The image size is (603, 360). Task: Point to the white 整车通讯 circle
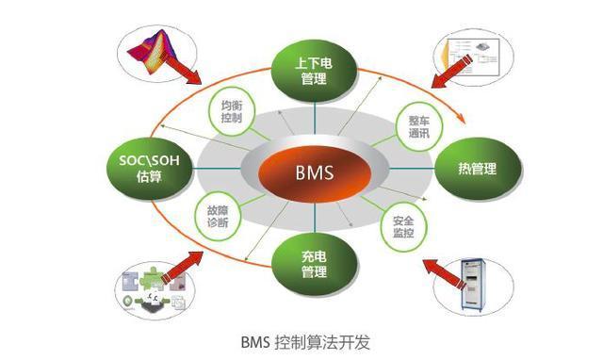point(418,125)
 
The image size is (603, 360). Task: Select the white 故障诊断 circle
point(218,216)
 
